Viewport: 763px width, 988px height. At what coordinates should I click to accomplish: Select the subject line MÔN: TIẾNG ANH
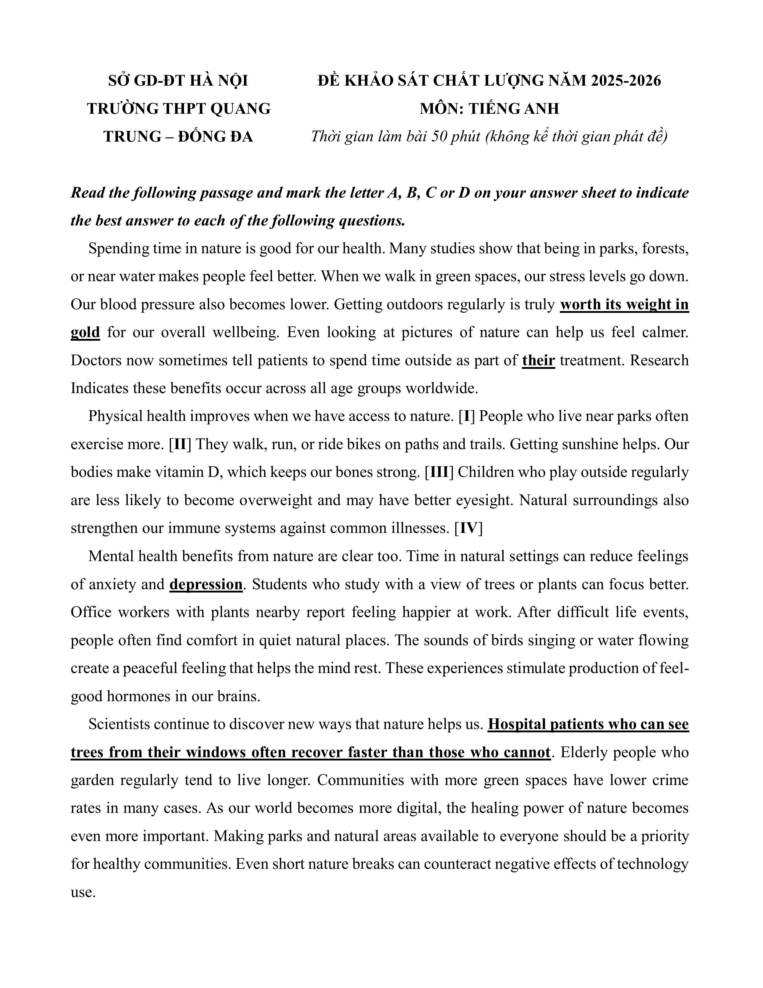point(489,109)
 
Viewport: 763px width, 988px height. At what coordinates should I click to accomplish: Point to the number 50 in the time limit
point(439,137)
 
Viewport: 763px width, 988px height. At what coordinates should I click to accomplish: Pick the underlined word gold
point(85,333)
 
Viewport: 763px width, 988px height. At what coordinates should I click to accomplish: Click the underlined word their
point(538,360)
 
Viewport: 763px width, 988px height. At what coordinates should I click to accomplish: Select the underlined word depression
point(206,584)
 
